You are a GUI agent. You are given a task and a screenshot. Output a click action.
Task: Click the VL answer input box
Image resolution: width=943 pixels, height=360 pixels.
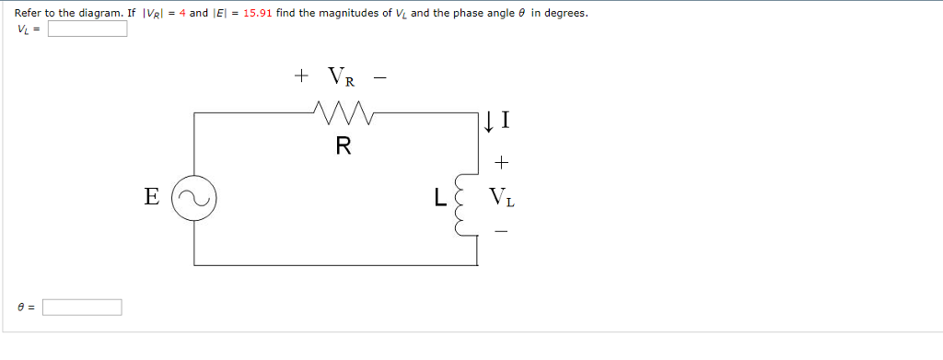tap(87, 29)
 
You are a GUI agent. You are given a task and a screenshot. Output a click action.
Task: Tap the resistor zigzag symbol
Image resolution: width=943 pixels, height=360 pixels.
tap(343, 115)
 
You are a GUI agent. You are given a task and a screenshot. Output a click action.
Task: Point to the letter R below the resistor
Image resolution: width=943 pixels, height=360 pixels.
tap(343, 146)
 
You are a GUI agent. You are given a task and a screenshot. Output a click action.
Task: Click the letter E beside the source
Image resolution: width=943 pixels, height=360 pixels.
tap(152, 196)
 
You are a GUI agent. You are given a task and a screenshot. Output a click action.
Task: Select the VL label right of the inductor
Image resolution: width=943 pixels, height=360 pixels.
tap(502, 196)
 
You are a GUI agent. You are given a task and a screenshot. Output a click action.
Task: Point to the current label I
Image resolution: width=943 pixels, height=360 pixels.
tap(506, 120)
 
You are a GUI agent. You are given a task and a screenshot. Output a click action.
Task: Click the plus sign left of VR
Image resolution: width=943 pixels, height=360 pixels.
tap(301, 76)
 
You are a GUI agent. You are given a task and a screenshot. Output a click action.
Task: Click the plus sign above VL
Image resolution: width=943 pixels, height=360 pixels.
tap(501, 163)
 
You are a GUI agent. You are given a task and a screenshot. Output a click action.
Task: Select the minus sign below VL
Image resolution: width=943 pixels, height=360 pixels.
tap(501, 231)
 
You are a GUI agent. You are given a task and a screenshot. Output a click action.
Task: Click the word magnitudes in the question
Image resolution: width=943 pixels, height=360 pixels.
tap(340, 14)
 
